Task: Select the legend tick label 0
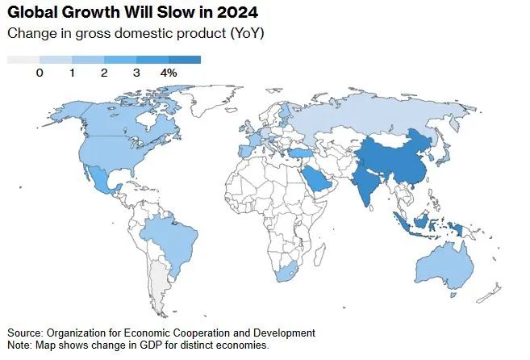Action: pyautogui.click(x=40, y=73)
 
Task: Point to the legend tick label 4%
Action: pyautogui.click(x=169, y=73)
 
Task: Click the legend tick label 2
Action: pyautogui.click(x=104, y=73)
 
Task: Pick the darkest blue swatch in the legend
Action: pyautogui.click(x=185, y=59)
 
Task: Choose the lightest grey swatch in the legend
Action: pyautogui.click(x=23, y=59)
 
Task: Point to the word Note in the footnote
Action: pyautogui.click(x=20, y=345)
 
